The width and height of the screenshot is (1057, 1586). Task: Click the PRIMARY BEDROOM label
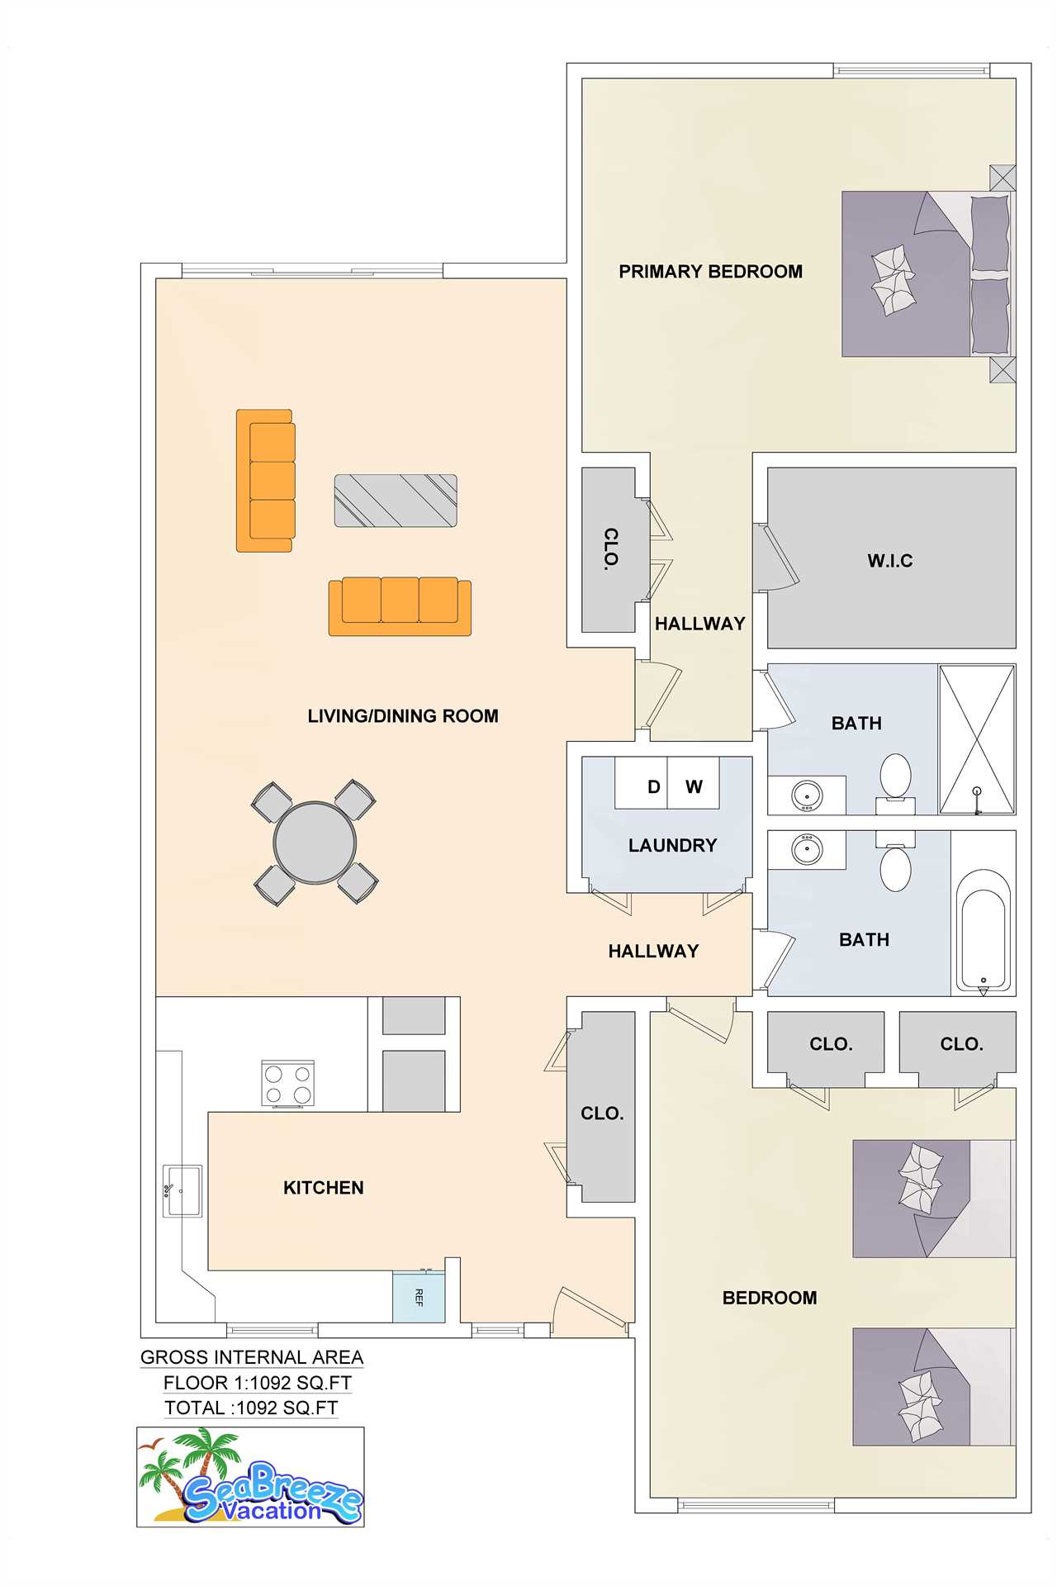click(x=710, y=272)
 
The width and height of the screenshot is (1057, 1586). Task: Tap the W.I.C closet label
click(x=890, y=561)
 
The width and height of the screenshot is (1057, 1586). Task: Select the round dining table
click(x=315, y=843)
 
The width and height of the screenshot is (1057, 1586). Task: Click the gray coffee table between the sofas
click(x=396, y=501)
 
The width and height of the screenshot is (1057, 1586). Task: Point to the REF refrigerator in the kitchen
click(x=419, y=1297)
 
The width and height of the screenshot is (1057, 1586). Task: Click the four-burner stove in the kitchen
click(x=287, y=1084)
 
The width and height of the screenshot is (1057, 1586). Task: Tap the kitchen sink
click(x=182, y=1190)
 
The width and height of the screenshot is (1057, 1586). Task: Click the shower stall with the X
click(x=977, y=740)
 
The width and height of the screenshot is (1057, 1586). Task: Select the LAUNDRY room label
click(x=672, y=846)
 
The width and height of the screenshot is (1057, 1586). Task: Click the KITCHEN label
click(x=324, y=1188)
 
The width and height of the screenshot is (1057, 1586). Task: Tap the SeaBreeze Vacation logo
click(x=250, y=1476)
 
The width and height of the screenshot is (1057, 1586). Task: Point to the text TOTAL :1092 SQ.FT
click(x=251, y=1408)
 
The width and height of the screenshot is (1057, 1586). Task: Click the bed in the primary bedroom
click(x=926, y=274)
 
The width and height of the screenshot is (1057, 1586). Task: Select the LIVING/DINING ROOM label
click(x=403, y=716)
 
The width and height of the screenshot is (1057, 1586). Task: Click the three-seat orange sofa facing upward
click(x=400, y=606)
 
